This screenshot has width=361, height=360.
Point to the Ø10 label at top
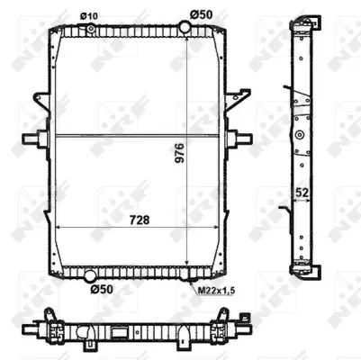(x=88, y=15)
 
